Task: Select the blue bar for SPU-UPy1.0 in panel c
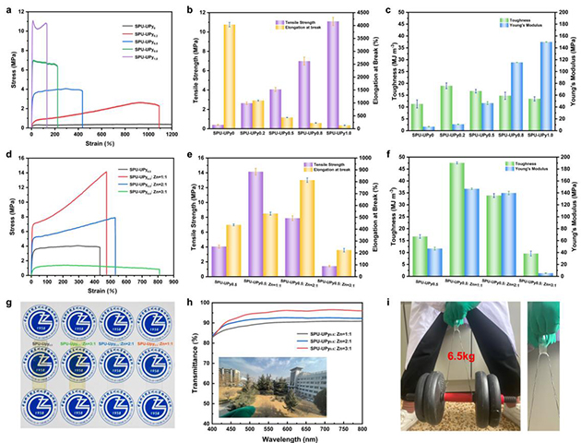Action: pyautogui.click(x=547, y=85)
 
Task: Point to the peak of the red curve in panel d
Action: pyautogui.click(x=107, y=172)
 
